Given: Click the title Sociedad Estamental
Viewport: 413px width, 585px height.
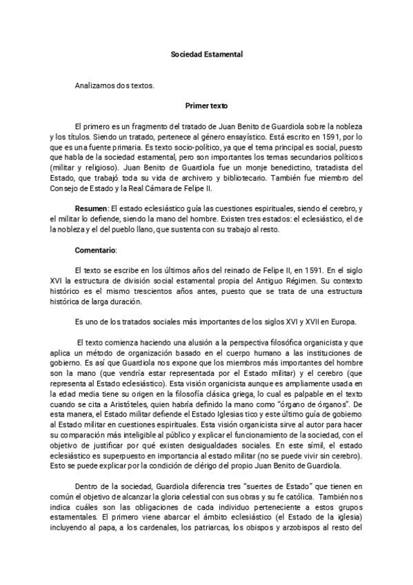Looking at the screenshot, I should (207, 52).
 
